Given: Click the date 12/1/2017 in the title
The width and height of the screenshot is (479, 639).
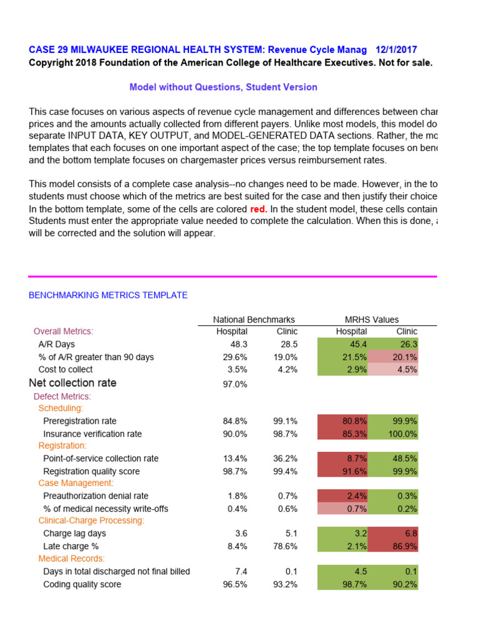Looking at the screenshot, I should pos(397,50).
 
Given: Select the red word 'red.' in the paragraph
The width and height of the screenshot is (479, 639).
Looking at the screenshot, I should pos(258,209).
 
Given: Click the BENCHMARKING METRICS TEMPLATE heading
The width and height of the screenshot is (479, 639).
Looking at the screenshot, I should pos(108,295).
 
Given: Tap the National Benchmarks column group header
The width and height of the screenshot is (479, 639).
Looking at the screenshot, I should pos(254,319).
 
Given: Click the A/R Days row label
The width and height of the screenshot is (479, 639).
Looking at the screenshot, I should pos(57,344).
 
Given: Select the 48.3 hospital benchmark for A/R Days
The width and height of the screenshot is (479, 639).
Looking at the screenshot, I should pos(238,344).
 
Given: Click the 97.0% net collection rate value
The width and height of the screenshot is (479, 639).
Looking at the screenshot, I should pos(235,384).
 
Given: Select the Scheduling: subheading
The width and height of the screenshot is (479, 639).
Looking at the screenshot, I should pos(60,408).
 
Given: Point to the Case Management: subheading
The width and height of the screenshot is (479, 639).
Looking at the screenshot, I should pos(76,483).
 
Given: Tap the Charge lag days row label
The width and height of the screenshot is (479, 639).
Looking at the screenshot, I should pos(74,534).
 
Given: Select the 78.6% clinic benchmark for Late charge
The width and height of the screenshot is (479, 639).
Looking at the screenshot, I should pos(285,547).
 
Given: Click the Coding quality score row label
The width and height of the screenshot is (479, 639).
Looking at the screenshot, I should pos(82,585).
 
